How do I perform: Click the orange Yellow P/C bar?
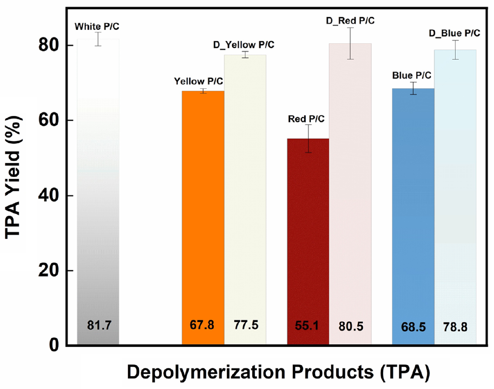[203, 216]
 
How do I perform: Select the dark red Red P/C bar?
[308, 240]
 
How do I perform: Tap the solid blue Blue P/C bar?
[413, 216]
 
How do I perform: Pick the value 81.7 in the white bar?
[99, 326]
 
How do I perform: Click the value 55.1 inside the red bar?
[308, 326]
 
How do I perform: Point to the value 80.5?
[351, 326]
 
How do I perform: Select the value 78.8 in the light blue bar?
[455, 327]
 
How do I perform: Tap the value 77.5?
[246, 325]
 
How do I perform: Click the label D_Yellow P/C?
[244, 45]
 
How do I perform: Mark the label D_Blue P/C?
[454, 33]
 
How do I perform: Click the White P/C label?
[97, 26]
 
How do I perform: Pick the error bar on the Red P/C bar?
[308, 139]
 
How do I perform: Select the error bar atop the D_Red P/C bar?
[350, 43]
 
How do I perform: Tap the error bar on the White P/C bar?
[98, 39]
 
